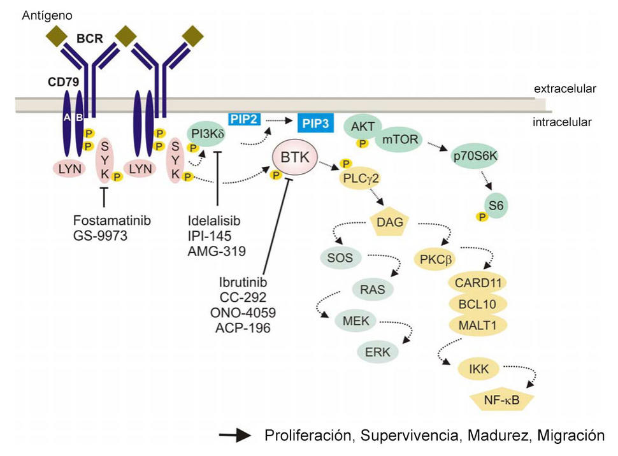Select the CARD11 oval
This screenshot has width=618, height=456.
(x=477, y=282)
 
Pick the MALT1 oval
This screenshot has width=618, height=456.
(x=477, y=325)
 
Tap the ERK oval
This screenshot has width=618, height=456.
(x=378, y=351)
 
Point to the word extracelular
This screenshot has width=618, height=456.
(x=564, y=89)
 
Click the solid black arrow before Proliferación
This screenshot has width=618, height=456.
(x=235, y=436)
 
